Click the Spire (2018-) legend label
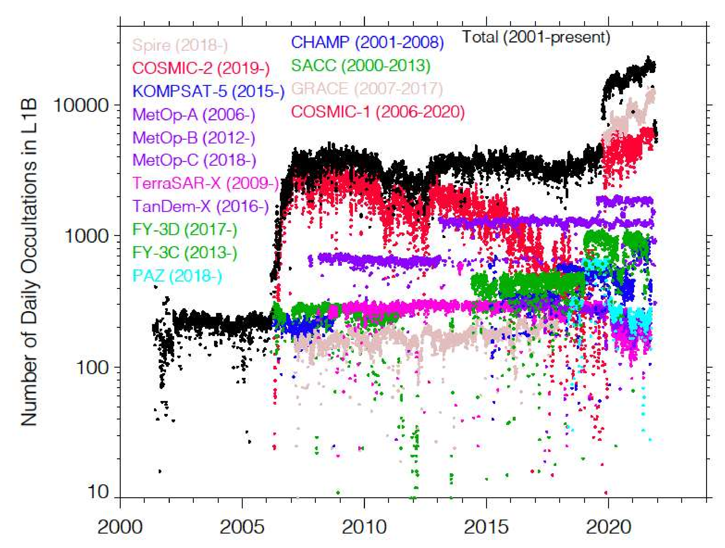tap(180, 45)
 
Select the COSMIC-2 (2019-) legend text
tap(201, 68)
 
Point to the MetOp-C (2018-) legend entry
tap(194, 160)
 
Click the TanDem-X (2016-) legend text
tap(201, 206)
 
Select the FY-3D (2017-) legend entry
tap(184, 229)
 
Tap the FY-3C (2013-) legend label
tap(184, 252)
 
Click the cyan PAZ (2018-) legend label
tap(177, 276)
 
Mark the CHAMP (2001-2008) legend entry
tap(367, 42)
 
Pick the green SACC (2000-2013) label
tap(360, 66)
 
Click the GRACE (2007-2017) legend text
tap(367, 89)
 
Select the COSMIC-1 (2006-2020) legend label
tap(378, 112)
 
